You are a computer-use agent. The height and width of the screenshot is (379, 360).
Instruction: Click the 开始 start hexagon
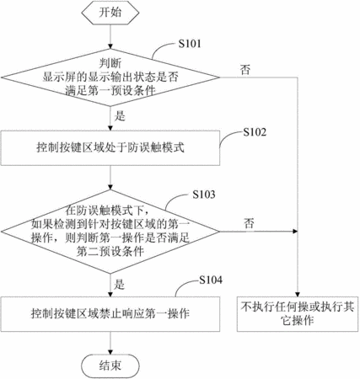[110, 13]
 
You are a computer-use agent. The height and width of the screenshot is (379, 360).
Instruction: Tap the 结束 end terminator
[110, 366]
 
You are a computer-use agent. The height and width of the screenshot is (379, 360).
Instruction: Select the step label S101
[190, 44]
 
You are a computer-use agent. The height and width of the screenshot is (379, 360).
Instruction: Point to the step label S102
[255, 132]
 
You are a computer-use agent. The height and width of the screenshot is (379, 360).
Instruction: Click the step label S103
[204, 195]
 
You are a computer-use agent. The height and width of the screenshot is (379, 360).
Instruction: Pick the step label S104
[211, 280]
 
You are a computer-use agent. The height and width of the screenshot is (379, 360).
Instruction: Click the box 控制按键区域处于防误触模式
[110, 147]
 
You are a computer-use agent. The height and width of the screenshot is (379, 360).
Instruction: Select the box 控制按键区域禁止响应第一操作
[110, 314]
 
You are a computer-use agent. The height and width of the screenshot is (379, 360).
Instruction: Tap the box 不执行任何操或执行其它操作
[298, 314]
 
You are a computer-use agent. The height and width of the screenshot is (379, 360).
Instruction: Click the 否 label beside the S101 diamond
[245, 70]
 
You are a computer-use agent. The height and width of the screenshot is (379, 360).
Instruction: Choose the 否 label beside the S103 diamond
[249, 224]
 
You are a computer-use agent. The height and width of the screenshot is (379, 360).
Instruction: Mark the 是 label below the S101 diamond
[120, 115]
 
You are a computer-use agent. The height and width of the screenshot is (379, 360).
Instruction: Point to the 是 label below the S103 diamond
[119, 285]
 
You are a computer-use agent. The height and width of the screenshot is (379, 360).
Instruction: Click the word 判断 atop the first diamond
[110, 63]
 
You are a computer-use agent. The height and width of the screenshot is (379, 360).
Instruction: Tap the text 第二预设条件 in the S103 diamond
[110, 251]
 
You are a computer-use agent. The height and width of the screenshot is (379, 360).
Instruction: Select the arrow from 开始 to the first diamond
[110, 37]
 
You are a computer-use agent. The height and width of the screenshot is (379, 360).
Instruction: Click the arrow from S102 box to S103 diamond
[110, 178]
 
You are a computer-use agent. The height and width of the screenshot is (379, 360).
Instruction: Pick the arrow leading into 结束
[110, 343]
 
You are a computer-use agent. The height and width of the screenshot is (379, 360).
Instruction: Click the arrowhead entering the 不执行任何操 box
[298, 294]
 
